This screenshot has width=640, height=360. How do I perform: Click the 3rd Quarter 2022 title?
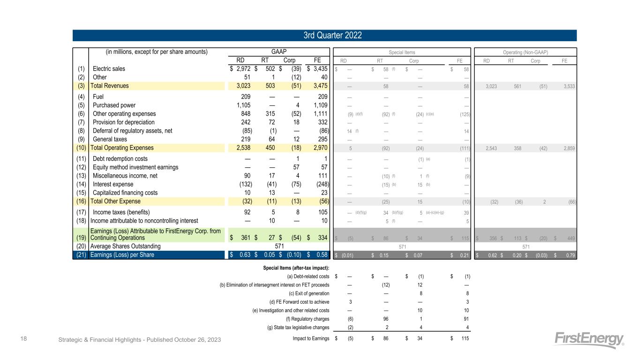324,36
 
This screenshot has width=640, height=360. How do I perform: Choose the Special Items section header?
402,52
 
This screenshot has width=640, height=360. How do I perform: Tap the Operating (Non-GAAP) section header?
526,52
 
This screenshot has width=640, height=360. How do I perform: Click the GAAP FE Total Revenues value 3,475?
317,86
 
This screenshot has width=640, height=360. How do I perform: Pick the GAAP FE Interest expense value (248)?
319,184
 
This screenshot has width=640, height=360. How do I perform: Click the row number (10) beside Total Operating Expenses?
81,148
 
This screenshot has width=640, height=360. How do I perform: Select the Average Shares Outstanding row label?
125,246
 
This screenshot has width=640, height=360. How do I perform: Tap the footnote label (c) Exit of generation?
305,293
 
